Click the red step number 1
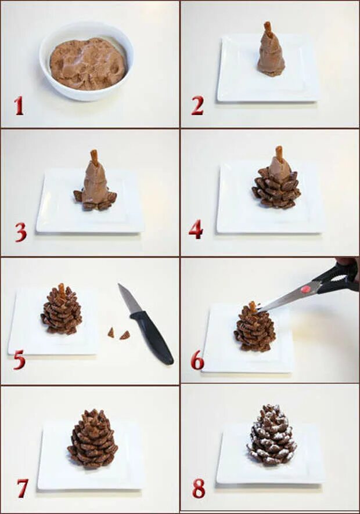(19, 106)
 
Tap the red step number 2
(197, 106)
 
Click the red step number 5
(19, 359)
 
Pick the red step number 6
(197, 361)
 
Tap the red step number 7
(22, 488)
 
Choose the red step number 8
(199, 488)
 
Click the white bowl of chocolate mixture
(87, 61)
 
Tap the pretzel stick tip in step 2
(267, 23)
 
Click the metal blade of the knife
(129, 300)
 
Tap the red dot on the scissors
(306, 289)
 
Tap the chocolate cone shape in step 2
(271, 54)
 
